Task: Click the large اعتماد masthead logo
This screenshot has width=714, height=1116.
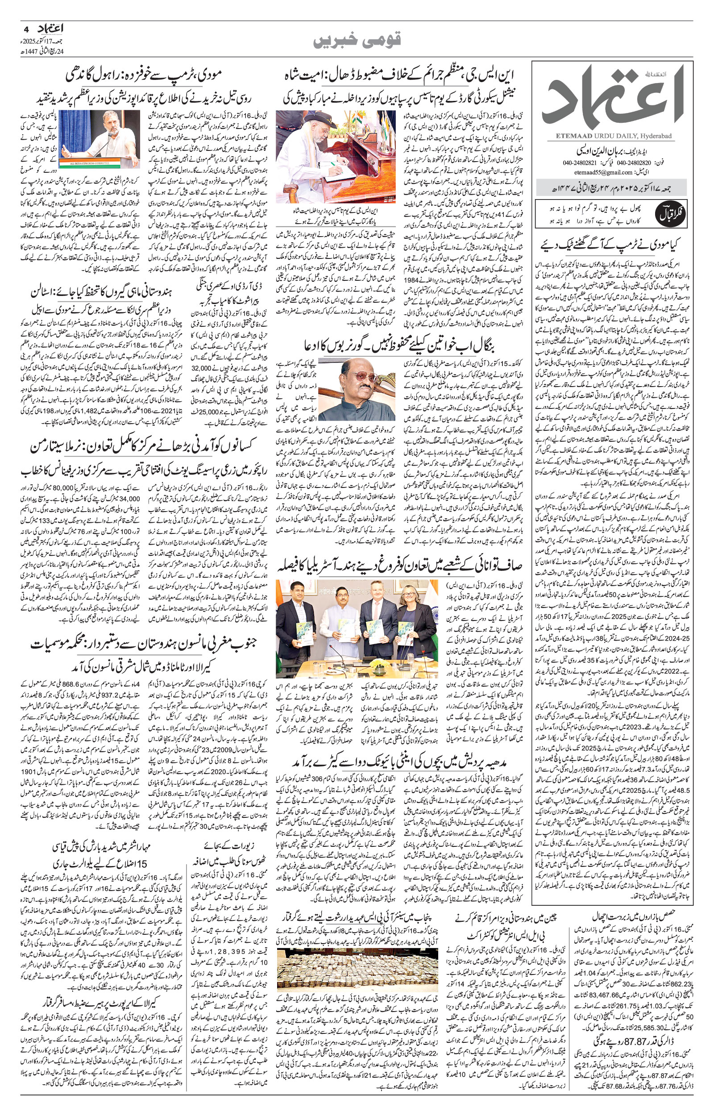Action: (617, 98)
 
